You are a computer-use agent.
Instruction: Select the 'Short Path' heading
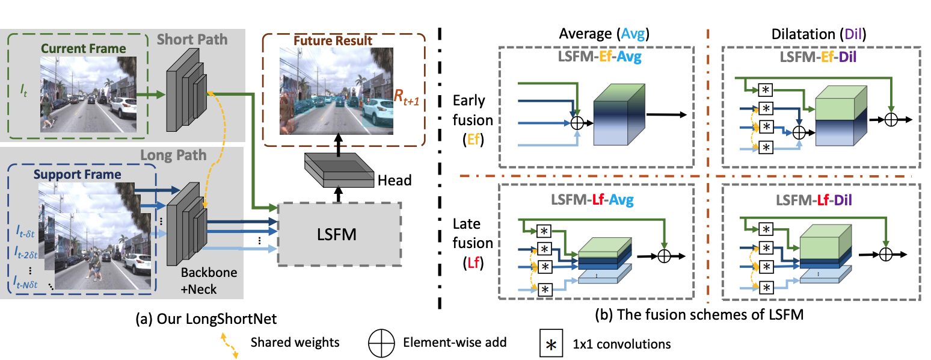(192, 40)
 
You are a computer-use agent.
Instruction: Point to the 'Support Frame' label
(77, 175)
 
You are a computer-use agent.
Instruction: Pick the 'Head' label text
(395, 180)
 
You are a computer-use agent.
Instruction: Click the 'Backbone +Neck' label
(209, 280)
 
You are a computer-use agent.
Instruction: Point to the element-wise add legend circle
(379, 343)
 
